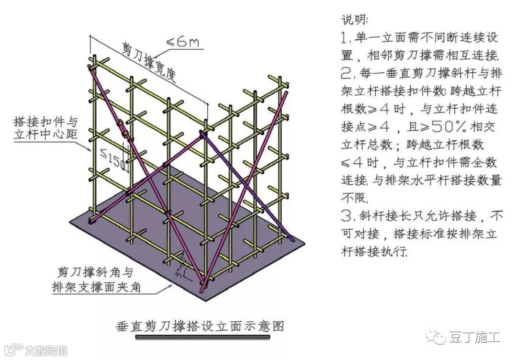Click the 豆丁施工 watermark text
click(x=474, y=337)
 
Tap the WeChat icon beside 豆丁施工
click(x=438, y=337)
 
